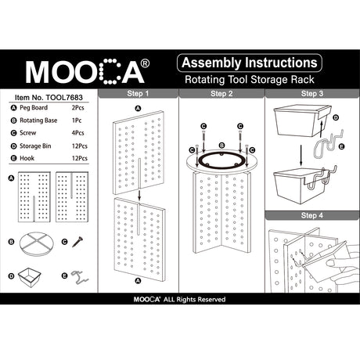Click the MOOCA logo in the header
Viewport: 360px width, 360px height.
point(85,71)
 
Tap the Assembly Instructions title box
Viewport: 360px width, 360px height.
point(249,63)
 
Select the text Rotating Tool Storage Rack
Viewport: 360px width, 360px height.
point(249,80)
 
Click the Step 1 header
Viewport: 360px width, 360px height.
point(137,93)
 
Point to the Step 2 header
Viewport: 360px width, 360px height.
point(221,93)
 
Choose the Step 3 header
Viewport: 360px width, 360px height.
point(311,93)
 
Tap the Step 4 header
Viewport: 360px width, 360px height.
point(311,215)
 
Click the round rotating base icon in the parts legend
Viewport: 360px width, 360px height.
point(36,243)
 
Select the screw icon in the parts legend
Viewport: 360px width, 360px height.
point(77,243)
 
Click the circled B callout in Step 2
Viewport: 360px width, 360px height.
point(221,146)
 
